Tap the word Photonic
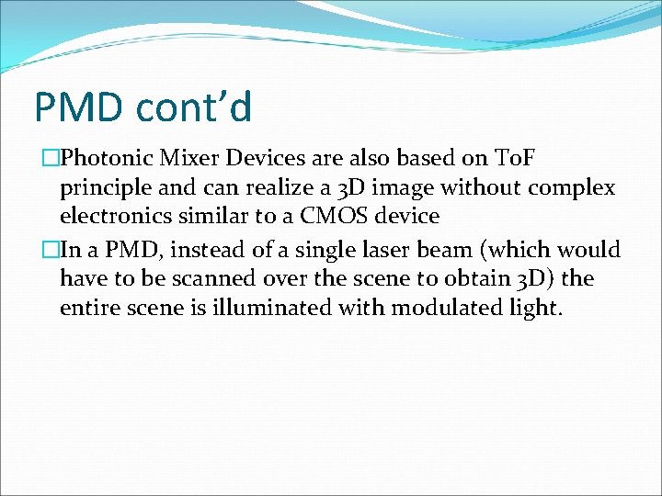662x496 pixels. click(105, 158)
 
